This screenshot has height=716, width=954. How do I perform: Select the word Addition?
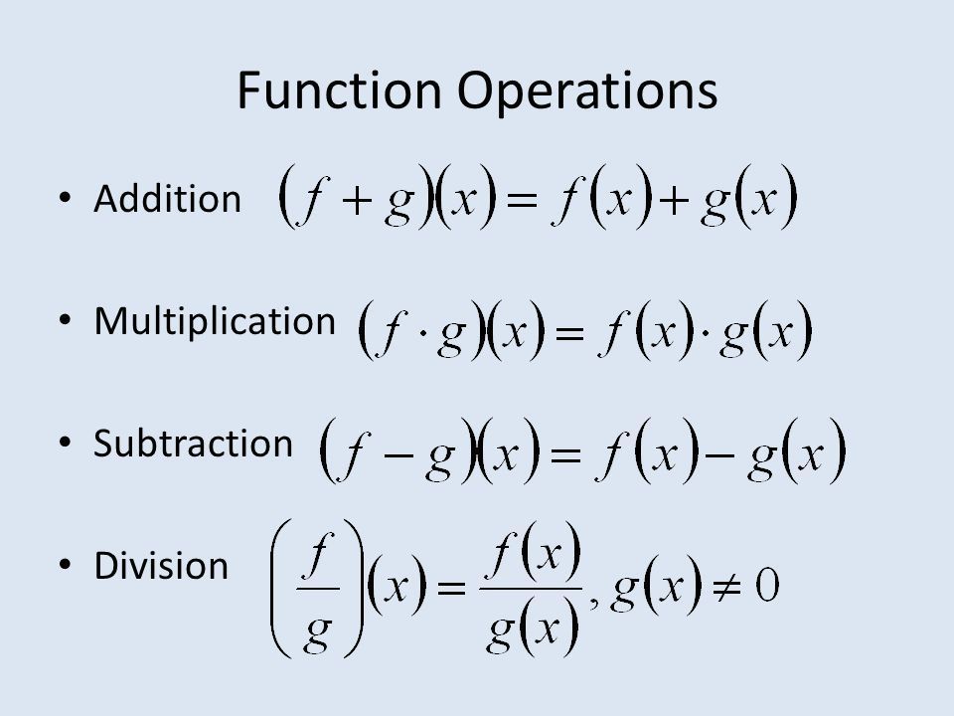(x=167, y=200)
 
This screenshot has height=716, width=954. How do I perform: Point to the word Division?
(x=160, y=565)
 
